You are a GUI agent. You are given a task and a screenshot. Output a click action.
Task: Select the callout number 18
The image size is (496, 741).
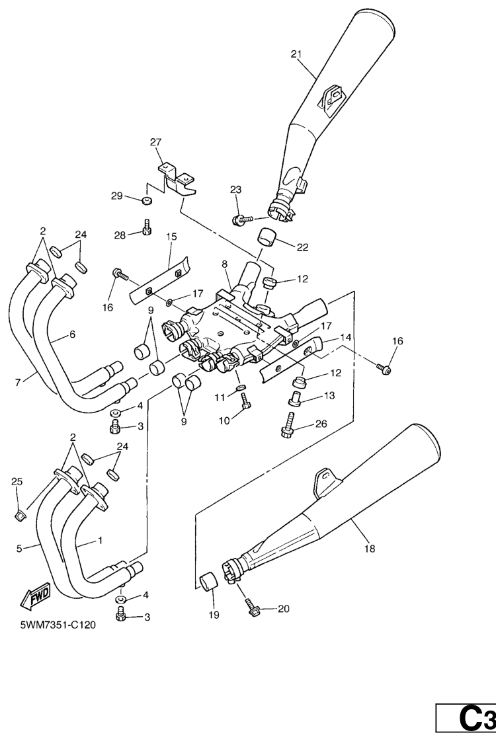369,548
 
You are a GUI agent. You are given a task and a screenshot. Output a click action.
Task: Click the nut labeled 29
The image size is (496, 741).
147,200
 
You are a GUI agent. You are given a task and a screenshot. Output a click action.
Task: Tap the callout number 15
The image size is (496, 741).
171,236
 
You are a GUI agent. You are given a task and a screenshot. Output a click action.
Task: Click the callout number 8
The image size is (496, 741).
226,264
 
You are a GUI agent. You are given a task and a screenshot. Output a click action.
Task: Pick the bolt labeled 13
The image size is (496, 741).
294,398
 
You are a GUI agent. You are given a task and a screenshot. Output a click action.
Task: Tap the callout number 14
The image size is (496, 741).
346,337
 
